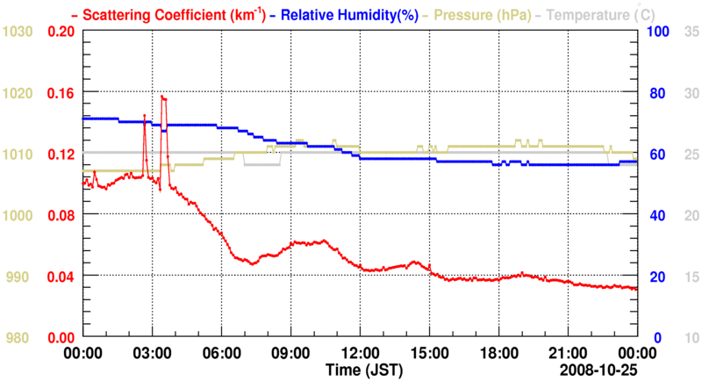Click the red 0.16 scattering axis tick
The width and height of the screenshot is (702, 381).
pos(61,92)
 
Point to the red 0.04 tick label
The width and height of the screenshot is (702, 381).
pos(61,277)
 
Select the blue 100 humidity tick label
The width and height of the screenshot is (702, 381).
pos(657,32)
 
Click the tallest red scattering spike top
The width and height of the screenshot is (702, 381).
pos(162,96)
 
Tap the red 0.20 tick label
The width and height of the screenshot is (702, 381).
pos(61,32)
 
